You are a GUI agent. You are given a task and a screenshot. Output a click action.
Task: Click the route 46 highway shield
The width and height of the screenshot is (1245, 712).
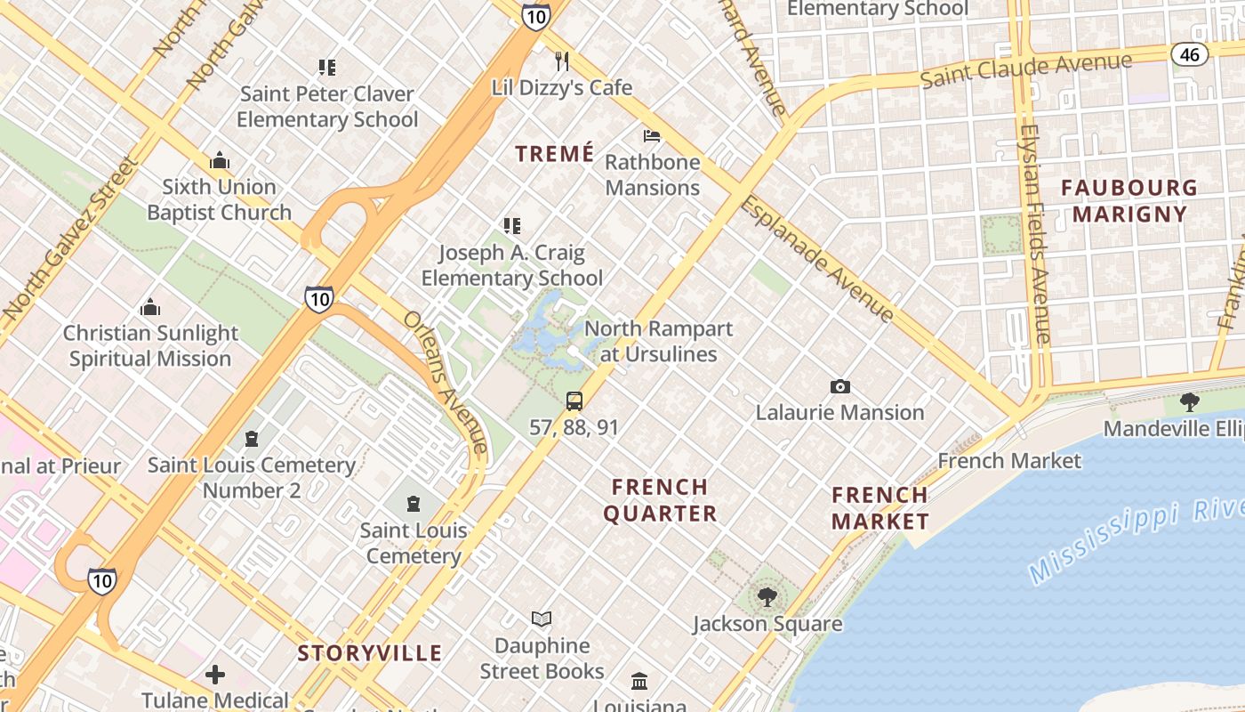(1190, 54)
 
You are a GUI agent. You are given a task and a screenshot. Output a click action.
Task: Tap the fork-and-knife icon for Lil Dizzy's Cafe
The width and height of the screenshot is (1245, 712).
(561, 61)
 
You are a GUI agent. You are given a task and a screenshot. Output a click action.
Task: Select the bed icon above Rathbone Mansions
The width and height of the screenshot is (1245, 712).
(652, 136)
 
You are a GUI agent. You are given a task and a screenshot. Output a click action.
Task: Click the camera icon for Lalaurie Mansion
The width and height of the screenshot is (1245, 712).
(839, 386)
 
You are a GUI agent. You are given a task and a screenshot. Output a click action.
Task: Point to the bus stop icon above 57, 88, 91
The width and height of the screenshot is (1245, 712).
(574, 400)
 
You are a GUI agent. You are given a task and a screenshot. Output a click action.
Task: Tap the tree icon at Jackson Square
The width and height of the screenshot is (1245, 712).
(767, 596)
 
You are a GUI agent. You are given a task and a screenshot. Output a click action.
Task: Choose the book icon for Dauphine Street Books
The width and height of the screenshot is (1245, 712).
(542, 619)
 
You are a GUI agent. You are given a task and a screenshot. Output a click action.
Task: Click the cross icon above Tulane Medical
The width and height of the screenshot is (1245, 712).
(215, 675)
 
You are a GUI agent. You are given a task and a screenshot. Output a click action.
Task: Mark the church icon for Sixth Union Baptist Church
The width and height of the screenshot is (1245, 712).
(220, 161)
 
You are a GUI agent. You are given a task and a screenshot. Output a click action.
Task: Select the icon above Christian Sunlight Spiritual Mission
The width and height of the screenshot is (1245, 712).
(150, 308)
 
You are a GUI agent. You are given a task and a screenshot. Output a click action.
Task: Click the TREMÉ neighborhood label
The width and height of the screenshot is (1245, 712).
(555, 154)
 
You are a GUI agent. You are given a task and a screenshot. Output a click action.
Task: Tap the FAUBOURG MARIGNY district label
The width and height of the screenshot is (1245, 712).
(1129, 200)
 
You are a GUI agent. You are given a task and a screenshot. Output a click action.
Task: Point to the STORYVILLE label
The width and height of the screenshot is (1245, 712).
(369, 653)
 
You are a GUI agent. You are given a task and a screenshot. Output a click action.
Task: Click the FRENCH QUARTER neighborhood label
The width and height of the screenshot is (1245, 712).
(660, 500)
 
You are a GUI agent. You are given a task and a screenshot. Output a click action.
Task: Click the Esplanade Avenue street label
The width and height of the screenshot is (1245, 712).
(816, 258)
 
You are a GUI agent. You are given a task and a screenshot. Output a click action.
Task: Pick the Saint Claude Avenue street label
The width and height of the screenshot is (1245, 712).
(1026, 70)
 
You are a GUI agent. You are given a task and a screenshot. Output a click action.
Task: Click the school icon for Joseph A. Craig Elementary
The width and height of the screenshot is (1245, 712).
(511, 226)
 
